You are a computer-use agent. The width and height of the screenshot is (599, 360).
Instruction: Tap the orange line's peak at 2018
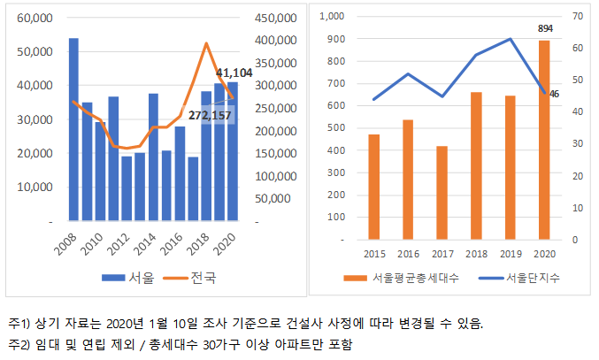206,43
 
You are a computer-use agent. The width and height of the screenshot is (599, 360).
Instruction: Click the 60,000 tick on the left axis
34,18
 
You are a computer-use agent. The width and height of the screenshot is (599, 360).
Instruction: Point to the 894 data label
545,29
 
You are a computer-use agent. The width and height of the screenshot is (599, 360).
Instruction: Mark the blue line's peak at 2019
511,39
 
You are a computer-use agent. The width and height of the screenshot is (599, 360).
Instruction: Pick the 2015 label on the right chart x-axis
374,253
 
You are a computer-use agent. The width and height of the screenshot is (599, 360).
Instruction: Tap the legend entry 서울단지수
522,279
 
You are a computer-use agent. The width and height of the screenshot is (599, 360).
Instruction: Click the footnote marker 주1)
19,324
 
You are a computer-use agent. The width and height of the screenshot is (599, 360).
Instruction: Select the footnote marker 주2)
19,343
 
